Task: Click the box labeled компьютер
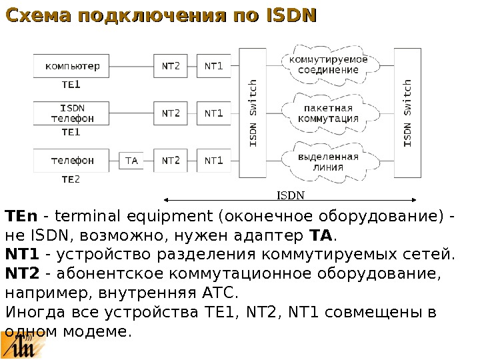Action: (73, 66)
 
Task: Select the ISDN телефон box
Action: (73, 113)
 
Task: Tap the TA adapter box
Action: (131, 161)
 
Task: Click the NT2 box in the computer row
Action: (171, 66)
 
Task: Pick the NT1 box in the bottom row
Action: (214, 161)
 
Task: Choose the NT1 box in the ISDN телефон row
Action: (214, 113)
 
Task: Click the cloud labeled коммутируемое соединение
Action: (328, 65)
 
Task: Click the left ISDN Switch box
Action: (253, 113)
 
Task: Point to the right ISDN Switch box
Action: (407, 113)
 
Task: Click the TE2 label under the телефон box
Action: (71, 179)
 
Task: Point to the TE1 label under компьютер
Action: (71, 85)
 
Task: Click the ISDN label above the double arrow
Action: (291, 195)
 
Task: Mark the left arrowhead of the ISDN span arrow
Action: (165, 199)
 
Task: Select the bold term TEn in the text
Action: (21, 217)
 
